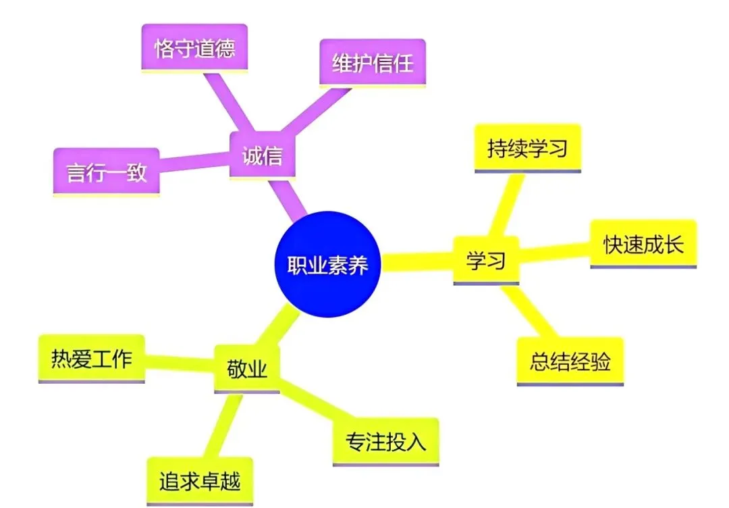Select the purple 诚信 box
(x=262, y=156)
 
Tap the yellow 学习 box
(x=485, y=260)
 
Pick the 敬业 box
(x=246, y=368)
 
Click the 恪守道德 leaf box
(x=194, y=49)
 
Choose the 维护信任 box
(x=372, y=63)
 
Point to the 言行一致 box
(x=106, y=172)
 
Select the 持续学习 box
(x=527, y=148)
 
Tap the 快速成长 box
(x=643, y=243)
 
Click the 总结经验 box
(x=570, y=361)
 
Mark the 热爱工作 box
(x=91, y=358)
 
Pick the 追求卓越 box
(x=200, y=481)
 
